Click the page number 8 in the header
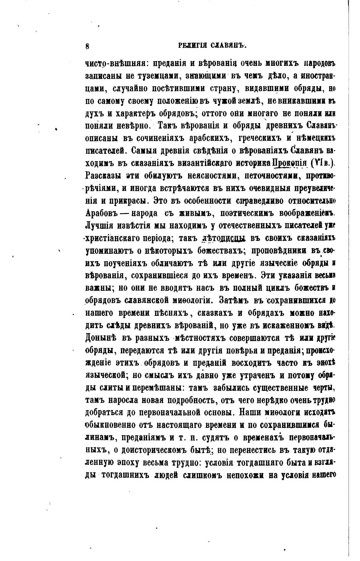(87, 46)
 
